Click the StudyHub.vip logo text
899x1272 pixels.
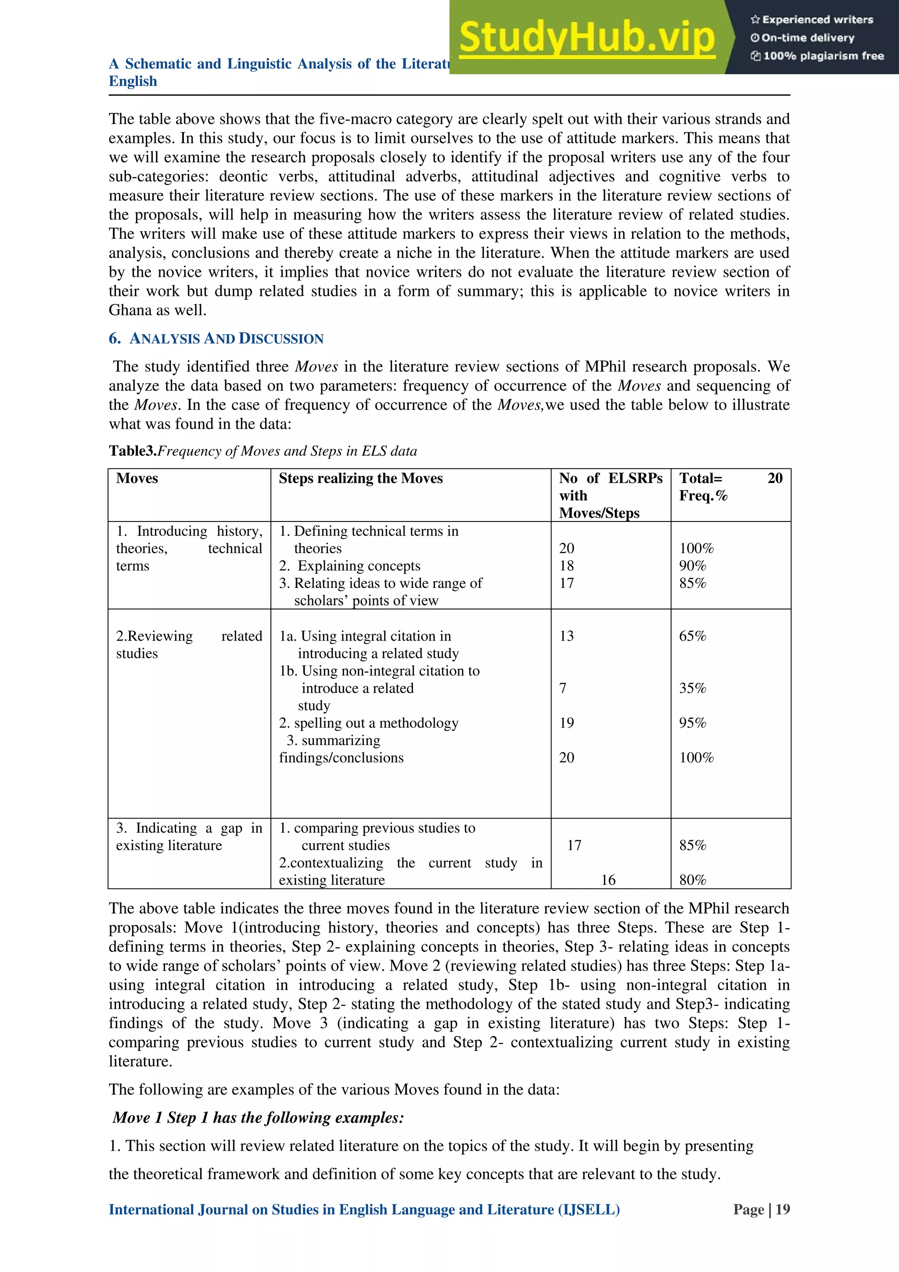(587, 38)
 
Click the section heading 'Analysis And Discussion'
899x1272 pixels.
(226, 338)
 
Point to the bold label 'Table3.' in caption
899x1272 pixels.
(133, 451)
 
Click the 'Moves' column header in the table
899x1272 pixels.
(137, 478)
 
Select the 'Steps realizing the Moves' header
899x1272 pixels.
(360, 478)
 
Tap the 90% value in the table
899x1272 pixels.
(693, 565)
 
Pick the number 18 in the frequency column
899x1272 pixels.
(566, 565)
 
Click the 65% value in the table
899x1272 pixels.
(693, 636)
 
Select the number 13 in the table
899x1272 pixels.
(566, 636)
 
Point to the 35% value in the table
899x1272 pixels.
(693, 688)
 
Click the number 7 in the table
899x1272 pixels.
(563, 688)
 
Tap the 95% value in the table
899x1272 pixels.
(693, 723)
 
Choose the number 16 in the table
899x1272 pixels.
(608, 880)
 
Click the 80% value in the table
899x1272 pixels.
(693, 880)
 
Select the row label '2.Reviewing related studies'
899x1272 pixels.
(188, 644)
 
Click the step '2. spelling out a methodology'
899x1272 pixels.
(369, 723)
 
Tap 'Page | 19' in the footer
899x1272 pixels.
(761, 1210)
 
